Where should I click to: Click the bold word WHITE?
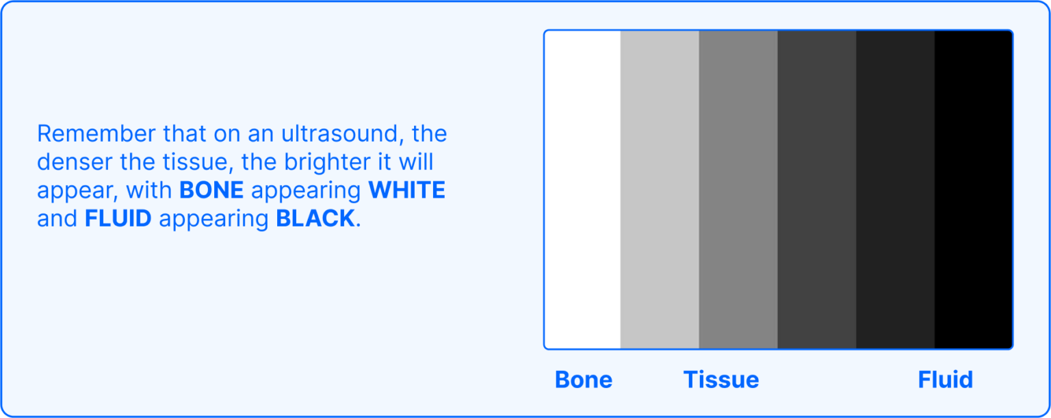406,190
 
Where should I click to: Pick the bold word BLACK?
315,219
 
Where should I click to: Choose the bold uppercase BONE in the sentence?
211,190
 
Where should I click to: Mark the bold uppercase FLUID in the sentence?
118,219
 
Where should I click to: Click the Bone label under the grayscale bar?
583,380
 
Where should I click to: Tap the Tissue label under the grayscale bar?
721,380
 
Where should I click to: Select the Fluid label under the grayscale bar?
945,380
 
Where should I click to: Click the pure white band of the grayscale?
583,190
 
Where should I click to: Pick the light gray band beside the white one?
660,190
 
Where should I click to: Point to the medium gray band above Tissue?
738,190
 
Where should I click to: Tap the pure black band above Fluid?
973,190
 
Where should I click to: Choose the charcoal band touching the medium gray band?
817,190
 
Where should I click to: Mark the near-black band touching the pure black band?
895,190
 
